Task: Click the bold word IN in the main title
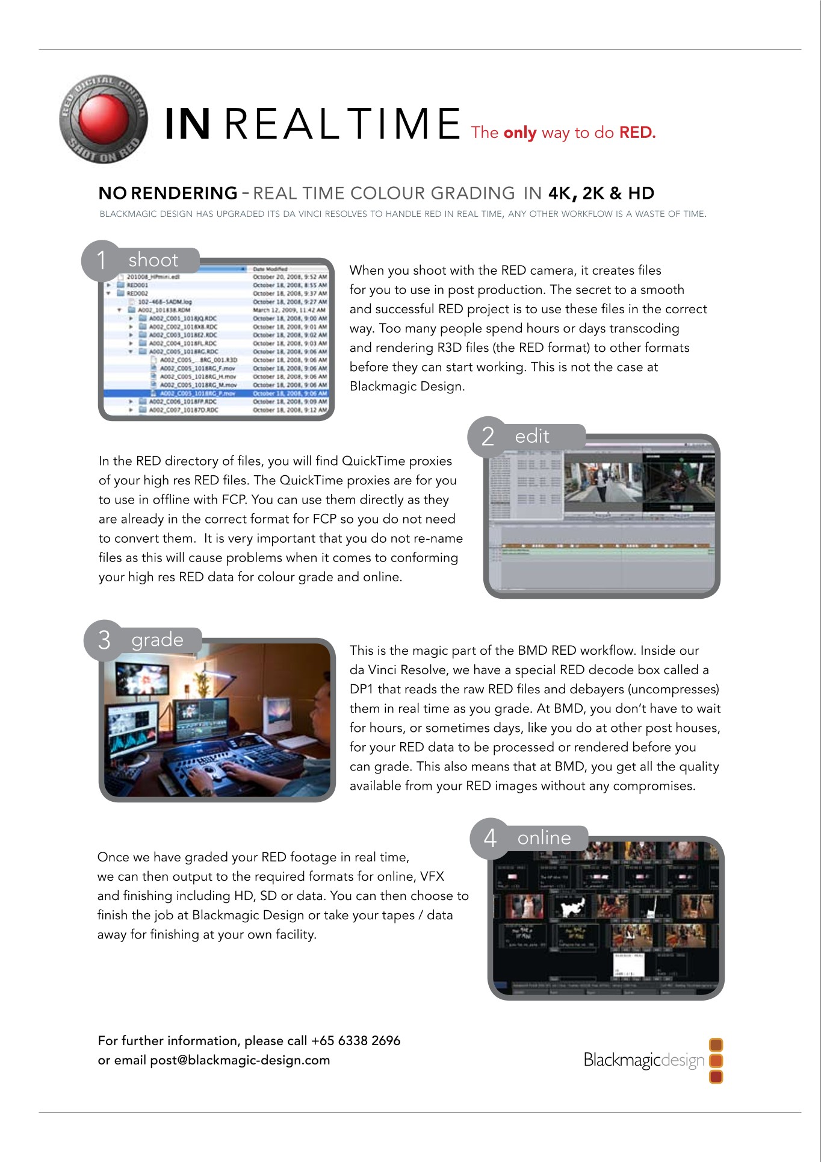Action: (187, 124)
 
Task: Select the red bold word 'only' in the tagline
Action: (520, 133)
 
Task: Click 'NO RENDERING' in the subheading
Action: (168, 193)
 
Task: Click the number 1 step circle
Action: (101, 260)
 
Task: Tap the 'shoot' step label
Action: (153, 260)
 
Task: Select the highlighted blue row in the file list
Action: (217, 393)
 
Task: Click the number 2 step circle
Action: (488, 436)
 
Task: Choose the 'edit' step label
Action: (532, 436)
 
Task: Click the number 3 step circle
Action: (104, 640)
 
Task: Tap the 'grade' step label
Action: (157, 639)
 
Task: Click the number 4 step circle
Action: (491, 838)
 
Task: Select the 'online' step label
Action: (544, 837)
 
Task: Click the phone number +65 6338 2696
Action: (356, 1040)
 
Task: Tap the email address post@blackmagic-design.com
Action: (240, 1060)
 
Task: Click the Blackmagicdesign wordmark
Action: (643, 1060)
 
